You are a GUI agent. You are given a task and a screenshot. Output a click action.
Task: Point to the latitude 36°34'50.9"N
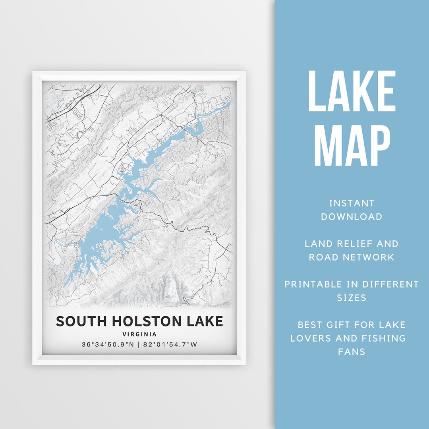tap(108, 344)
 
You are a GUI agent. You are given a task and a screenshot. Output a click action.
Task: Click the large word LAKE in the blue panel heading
tap(352, 91)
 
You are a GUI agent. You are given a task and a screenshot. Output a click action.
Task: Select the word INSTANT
tap(352, 203)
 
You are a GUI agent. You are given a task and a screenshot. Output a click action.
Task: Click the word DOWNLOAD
tap(352, 217)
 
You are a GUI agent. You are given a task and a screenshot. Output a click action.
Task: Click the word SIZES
tap(352, 298)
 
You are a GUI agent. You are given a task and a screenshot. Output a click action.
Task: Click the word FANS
tap(352, 352)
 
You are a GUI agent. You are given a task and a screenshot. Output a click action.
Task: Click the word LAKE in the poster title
tap(204, 321)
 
